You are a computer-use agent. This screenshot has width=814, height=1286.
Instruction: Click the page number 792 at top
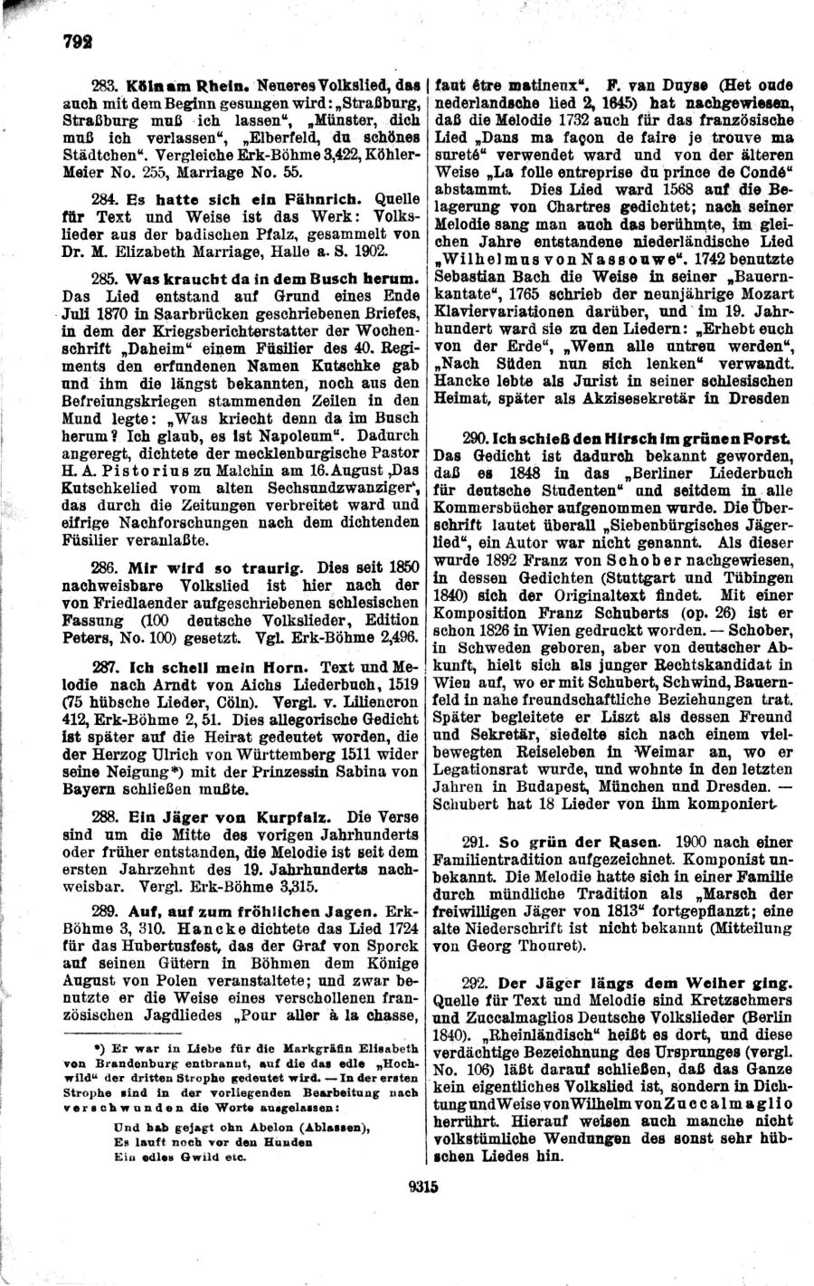55,42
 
